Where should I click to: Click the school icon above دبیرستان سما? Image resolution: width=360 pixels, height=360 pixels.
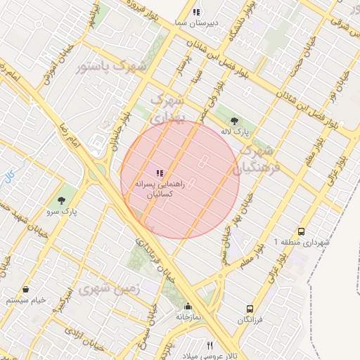(x=196, y=12)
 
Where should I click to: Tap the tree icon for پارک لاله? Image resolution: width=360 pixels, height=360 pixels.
(x=234, y=121)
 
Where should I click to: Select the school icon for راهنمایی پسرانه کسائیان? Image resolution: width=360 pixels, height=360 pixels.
(x=160, y=172)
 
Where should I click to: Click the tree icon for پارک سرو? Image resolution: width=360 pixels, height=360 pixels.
(x=68, y=199)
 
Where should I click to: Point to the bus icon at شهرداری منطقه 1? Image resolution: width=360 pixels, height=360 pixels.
(x=301, y=231)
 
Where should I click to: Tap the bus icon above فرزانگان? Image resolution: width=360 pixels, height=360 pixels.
(x=250, y=309)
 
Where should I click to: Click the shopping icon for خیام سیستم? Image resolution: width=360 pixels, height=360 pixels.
(x=26, y=289)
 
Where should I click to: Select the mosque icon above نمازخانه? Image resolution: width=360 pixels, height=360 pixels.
(x=188, y=307)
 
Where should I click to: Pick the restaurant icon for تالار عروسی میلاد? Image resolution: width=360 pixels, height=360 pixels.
(x=210, y=345)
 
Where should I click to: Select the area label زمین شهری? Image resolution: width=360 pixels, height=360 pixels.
(x=110, y=289)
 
